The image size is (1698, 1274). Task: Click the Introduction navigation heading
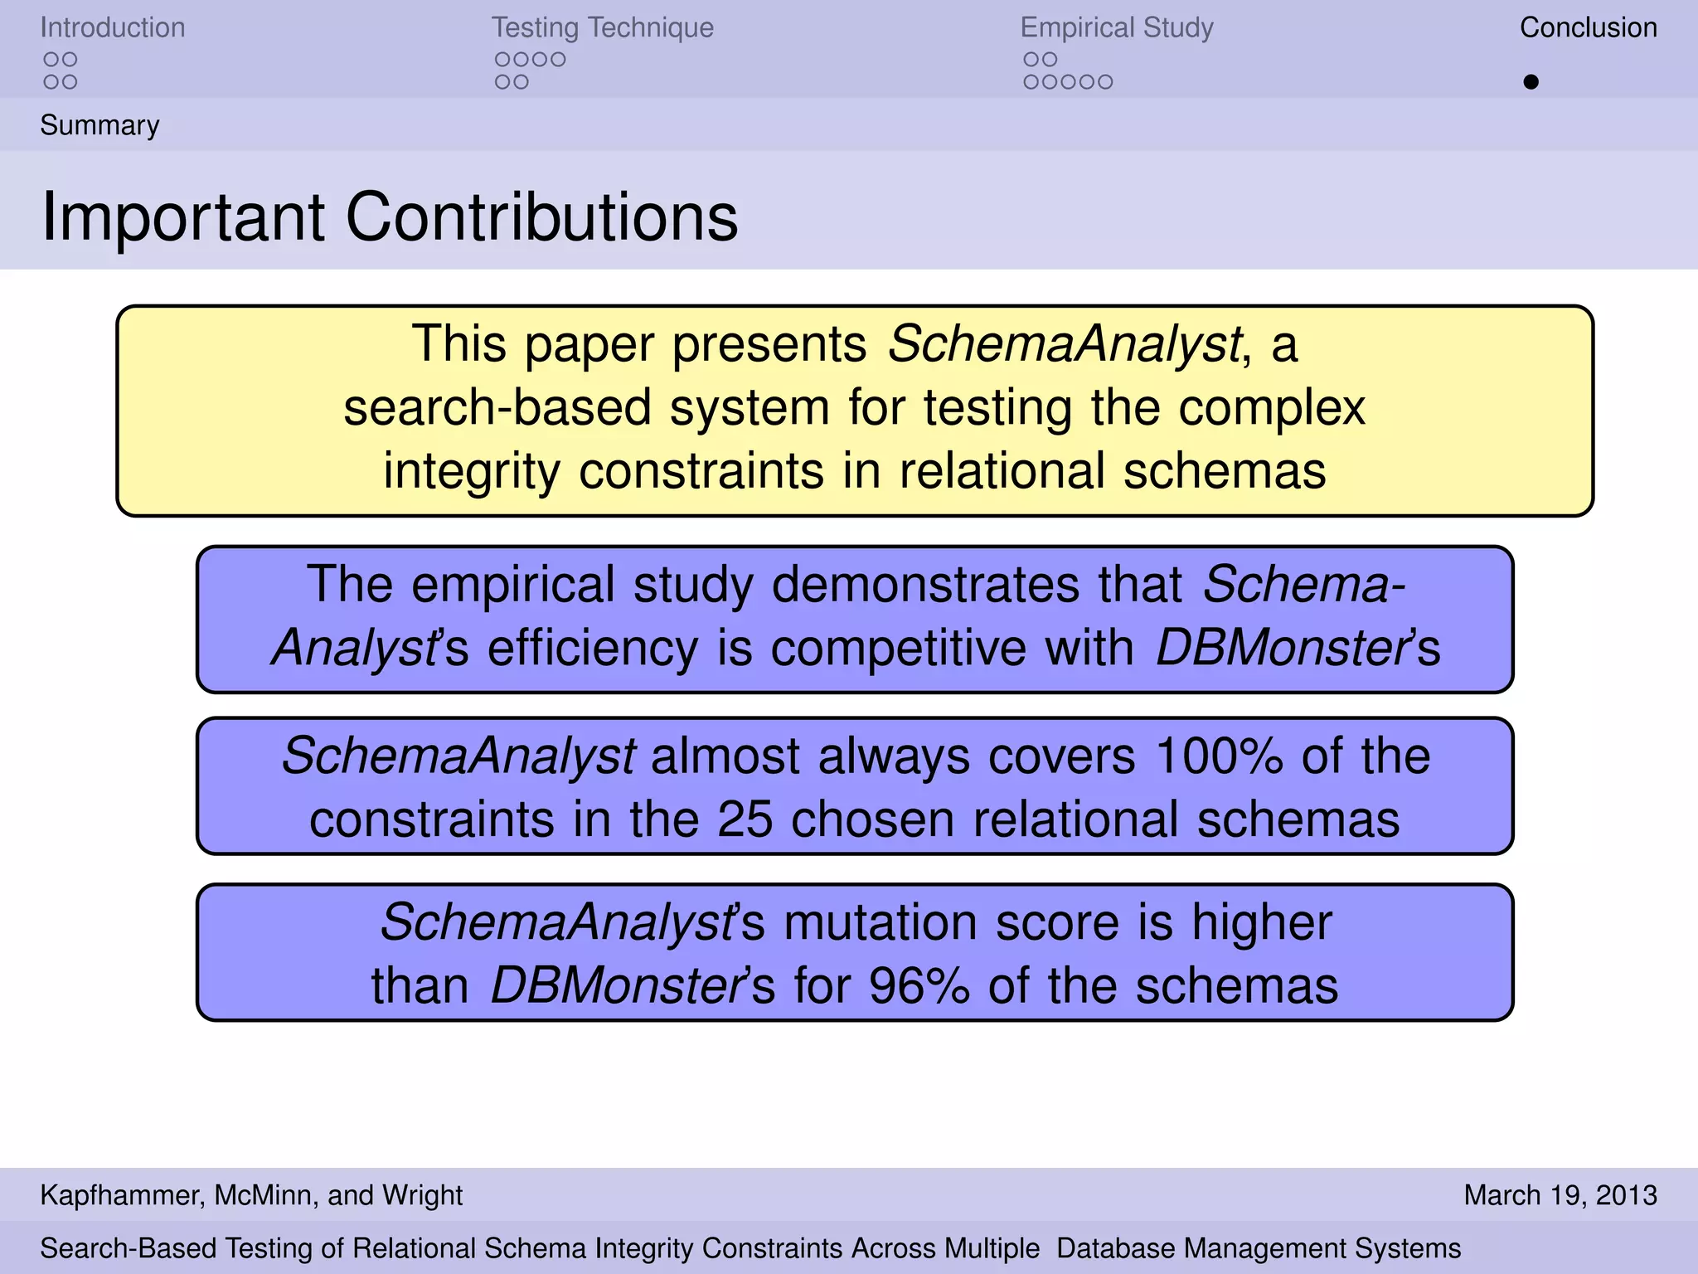[113, 28]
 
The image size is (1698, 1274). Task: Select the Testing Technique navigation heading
[602, 28]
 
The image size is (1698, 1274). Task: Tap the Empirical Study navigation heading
[1116, 28]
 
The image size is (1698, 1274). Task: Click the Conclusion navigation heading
[1588, 28]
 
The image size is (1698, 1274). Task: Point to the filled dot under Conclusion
[1531, 82]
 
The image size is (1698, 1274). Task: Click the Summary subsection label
[99, 125]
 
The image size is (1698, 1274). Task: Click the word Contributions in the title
[541, 217]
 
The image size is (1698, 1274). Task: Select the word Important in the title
[182, 217]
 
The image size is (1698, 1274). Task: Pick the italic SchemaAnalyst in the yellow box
[1065, 343]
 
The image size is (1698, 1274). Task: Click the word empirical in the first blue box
[512, 585]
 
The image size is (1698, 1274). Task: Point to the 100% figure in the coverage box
[1218, 756]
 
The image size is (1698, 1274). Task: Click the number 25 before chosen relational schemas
[745, 819]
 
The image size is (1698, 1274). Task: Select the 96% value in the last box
[919, 986]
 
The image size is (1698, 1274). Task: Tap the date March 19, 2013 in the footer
[1560, 1195]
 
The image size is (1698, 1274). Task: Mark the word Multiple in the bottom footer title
[992, 1248]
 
